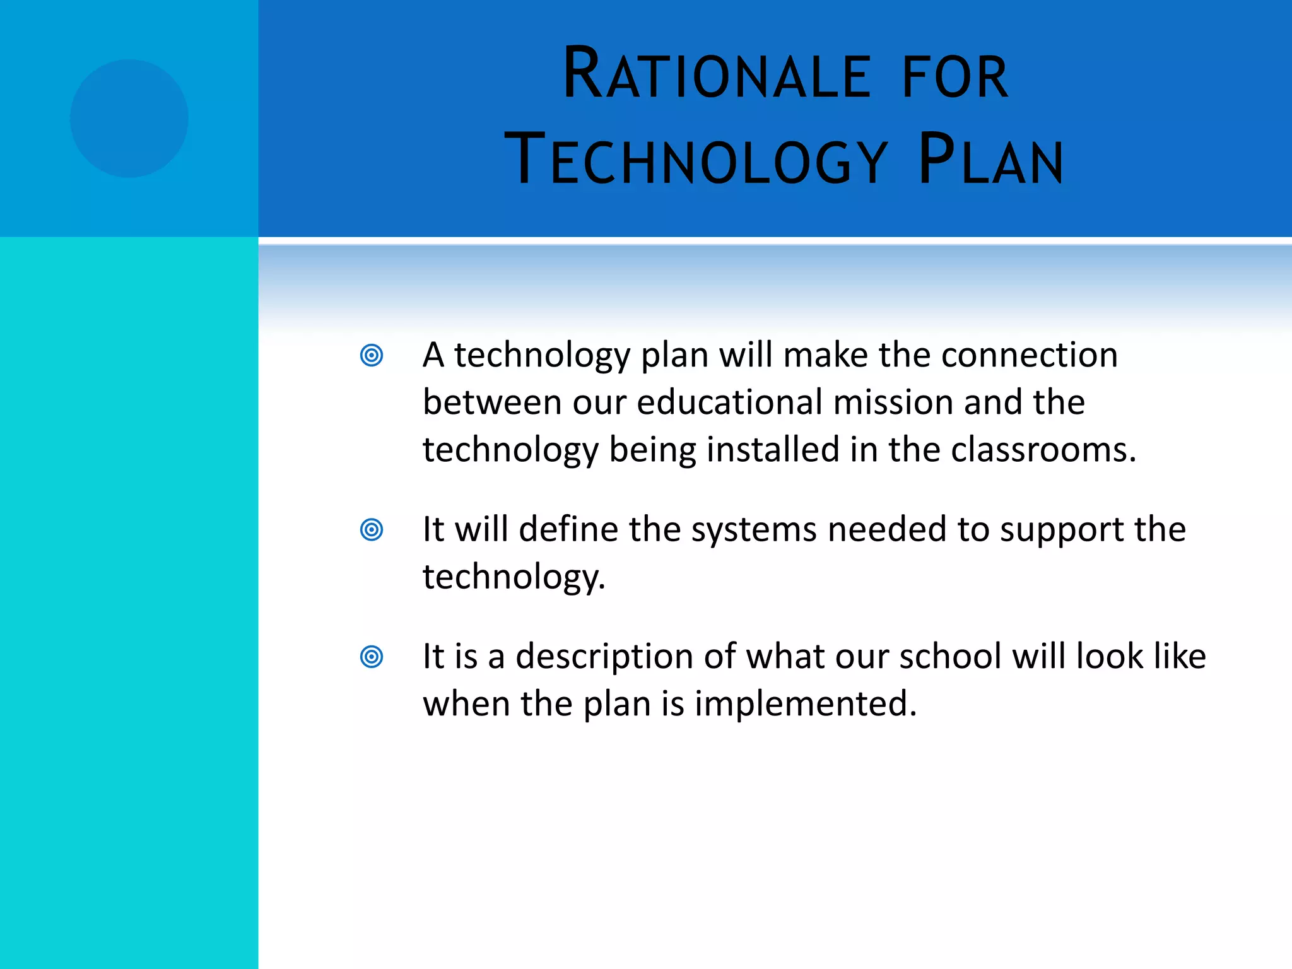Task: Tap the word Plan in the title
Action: [990, 160]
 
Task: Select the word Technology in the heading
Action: [696, 160]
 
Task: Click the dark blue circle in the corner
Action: [129, 119]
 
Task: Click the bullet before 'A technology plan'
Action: [372, 355]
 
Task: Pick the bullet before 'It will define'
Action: [372, 529]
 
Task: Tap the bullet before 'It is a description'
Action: [372, 657]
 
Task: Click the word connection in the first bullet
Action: [1029, 355]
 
